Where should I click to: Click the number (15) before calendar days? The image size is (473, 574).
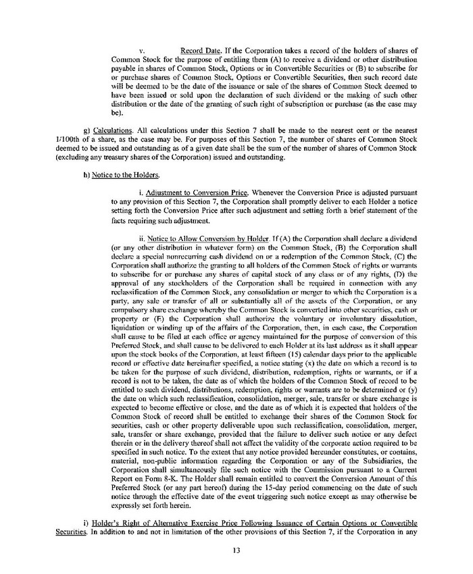pos(286,345)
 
